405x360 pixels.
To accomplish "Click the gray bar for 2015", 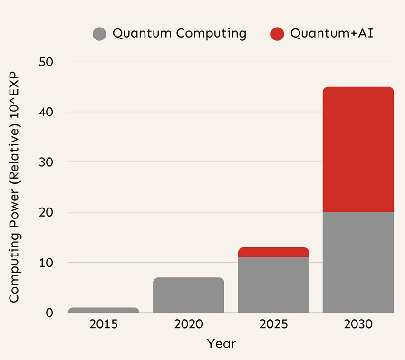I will click(x=104, y=310).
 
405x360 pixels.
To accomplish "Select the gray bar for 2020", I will click(x=189, y=295).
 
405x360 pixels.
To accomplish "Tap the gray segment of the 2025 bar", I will click(x=273, y=284).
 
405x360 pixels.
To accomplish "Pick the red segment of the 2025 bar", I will click(x=273, y=252).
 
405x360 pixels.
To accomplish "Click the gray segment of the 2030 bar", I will click(x=358, y=262).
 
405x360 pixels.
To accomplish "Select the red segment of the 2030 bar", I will click(x=358, y=150).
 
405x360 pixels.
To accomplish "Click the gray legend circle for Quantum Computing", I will click(x=99, y=34).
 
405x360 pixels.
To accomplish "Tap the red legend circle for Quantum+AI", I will click(x=277, y=34).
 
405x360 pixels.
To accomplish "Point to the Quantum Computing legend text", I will click(x=179, y=34).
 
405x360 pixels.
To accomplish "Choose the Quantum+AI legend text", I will click(x=331, y=34).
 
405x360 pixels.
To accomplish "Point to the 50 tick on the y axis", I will click(x=46, y=62).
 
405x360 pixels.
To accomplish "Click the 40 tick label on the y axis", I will click(x=46, y=112).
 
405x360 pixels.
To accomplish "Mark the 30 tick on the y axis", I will click(x=46, y=162).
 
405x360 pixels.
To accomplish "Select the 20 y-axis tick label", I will click(x=46, y=212).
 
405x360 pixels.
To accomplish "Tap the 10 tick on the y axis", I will click(x=46, y=263).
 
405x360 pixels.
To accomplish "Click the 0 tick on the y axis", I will click(x=49, y=313).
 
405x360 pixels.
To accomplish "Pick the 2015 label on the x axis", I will click(x=104, y=325).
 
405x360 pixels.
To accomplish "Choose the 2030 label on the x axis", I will click(x=358, y=325).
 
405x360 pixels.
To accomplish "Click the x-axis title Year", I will click(x=221, y=343).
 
